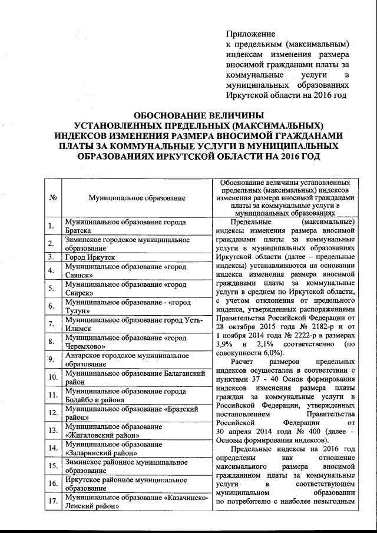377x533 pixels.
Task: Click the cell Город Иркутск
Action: (x=89, y=257)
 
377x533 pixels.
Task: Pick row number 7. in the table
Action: (x=52, y=323)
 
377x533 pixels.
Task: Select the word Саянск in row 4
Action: (x=81, y=275)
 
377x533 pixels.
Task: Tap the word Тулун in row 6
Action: (x=79, y=310)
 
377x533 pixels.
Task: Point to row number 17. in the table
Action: (x=52, y=501)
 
